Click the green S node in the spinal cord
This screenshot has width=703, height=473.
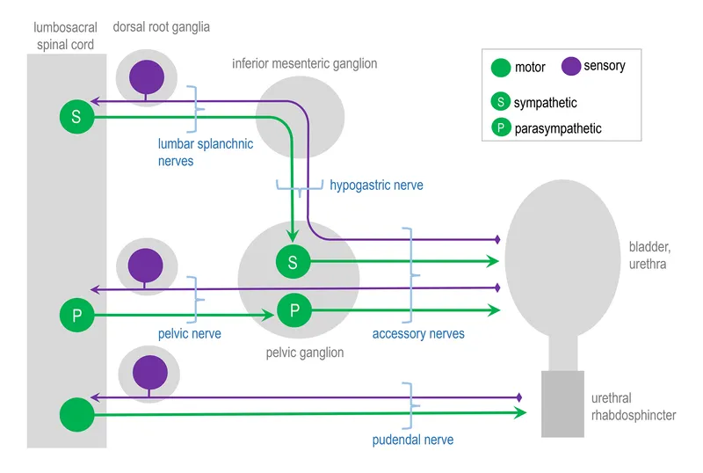point(76,116)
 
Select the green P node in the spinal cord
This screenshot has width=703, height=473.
point(76,316)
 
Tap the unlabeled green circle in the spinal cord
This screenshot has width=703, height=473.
point(76,414)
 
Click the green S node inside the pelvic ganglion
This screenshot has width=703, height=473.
point(293,261)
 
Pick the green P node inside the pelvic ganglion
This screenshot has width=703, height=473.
point(294,309)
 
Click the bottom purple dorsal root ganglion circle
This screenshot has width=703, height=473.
point(146,372)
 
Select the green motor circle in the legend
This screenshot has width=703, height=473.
point(501,67)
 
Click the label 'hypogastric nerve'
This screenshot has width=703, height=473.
point(376,186)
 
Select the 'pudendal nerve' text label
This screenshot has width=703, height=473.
point(413,439)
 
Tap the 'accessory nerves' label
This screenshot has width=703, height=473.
point(418,334)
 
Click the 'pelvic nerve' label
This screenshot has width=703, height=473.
point(189,334)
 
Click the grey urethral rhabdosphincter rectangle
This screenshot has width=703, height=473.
point(562,404)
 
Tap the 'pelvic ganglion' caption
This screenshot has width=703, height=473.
point(305,353)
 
